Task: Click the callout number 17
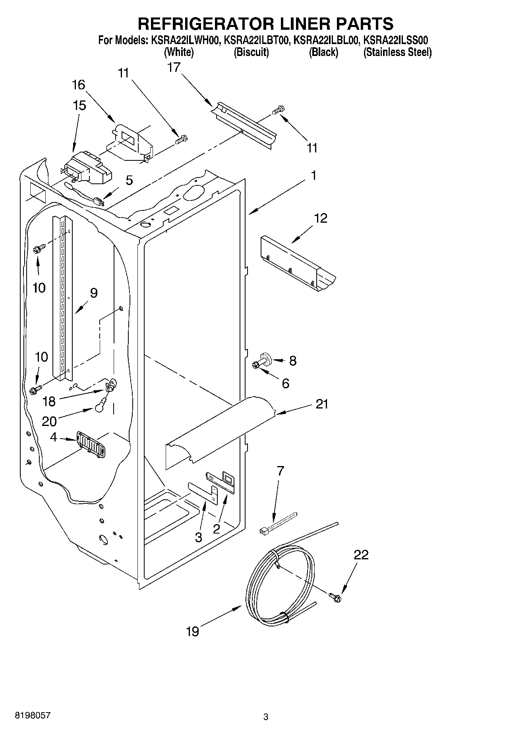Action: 174,67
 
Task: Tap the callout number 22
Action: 361,555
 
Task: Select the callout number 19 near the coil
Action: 192,631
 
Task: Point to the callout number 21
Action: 322,404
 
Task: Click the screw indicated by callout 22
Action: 335,596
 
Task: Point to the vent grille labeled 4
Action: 91,444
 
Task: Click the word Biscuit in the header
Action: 251,52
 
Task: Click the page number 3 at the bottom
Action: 266,717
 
